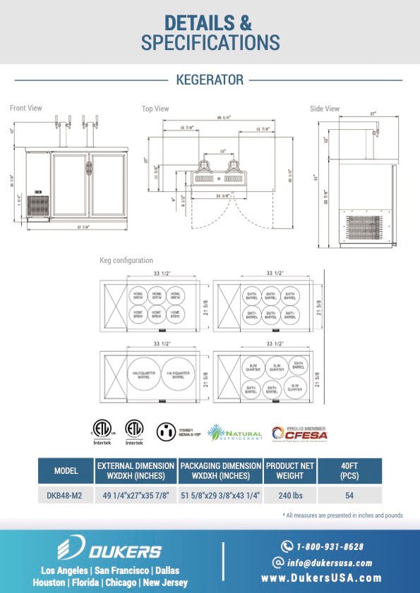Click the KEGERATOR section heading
210,80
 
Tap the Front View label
26,108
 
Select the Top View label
155,109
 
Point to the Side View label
325,109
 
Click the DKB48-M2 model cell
65,496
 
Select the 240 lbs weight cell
289,496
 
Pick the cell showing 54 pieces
349,496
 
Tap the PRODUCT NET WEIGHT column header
289,470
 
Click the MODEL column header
65,470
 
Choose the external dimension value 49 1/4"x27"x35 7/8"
136,496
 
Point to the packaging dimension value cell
220,496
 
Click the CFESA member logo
306,432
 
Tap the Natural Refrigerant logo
234,432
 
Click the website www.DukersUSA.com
321,578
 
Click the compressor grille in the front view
38,206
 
